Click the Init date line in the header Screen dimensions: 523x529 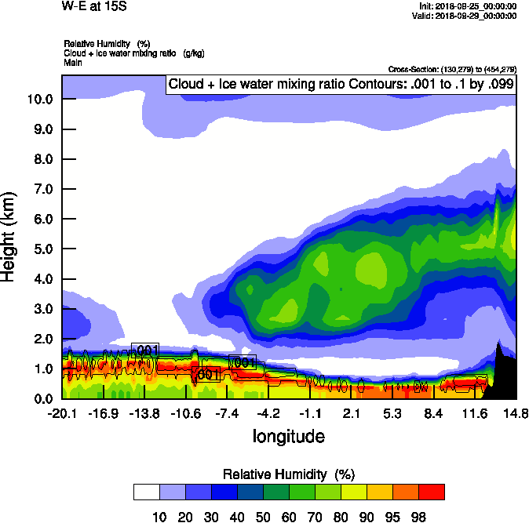click(x=469, y=6)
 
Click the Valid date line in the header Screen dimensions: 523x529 click(x=468, y=16)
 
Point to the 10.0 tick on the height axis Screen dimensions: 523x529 click(x=40, y=100)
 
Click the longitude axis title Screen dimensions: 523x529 click(x=288, y=436)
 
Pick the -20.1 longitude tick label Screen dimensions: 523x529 click(x=62, y=413)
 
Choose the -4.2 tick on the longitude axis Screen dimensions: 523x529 click(x=268, y=413)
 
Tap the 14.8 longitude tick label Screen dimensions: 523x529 click(x=516, y=413)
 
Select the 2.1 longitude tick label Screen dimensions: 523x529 click(x=351, y=413)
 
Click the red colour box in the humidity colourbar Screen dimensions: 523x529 click(x=431, y=492)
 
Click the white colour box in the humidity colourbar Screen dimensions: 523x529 click(x=146, y=492)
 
